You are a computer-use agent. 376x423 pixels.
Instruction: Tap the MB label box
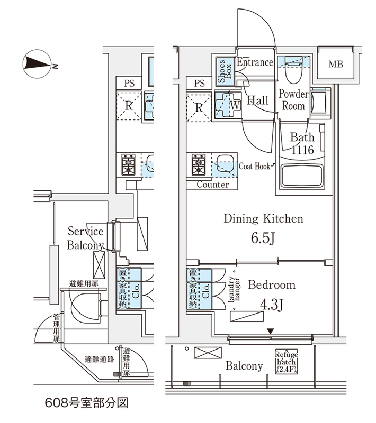click(335, 65)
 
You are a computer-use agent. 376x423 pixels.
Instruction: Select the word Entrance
click(255, 62)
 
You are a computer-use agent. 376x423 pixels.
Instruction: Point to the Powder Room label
click(293, 100)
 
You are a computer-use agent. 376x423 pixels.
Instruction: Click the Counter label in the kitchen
click(213, 185)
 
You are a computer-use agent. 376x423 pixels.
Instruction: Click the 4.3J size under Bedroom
click(271, 306)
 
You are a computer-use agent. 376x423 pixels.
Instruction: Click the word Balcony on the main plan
click(244, 366)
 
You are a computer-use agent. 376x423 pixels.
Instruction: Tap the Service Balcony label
click(85, 238)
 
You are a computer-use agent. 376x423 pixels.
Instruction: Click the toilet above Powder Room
click(294, 70)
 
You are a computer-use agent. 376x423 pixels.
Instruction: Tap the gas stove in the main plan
click(200, 165)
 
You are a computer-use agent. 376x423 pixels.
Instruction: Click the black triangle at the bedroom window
click(271, 332)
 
